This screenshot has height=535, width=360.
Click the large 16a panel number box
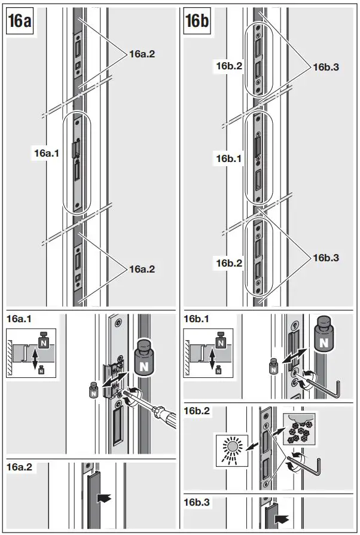(x=20, y=22)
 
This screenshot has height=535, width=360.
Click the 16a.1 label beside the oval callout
(x=46, y=154)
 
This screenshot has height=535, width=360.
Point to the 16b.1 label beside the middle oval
(x=229, y=158)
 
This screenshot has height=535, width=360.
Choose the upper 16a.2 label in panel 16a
(x=142, y=54)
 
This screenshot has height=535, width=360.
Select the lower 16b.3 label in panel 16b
(x=326, y=258)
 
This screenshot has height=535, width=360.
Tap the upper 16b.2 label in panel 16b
(x=229, y=67)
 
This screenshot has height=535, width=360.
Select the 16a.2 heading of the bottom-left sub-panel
(x=20, y=467)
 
